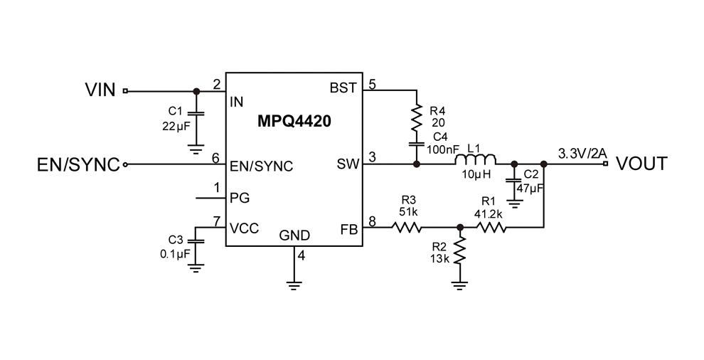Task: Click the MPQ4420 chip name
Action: (x=294, y=122)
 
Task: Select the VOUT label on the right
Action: (x=641, y=164)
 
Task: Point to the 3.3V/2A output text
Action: (x=582, y=154)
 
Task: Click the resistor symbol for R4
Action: (x=416, y=118)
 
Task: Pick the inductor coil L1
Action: (x=476, y=160)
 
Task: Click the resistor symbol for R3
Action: (x=407, y=228)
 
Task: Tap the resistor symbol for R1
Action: (x=491, y=228)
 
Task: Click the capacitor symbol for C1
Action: (x=197, y=113)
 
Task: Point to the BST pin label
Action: (x=343, y=88)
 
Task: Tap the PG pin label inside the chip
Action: (x=240, y=197)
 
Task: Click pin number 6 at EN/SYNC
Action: (x=215, y=159)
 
